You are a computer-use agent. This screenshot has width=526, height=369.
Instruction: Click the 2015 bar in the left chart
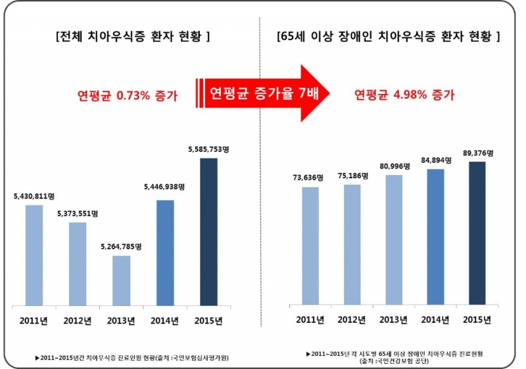(208, 232)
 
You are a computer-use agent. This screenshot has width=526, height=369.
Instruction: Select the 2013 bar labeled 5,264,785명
(121, 280)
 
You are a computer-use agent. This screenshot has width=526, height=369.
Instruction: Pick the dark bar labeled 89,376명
(477, 234)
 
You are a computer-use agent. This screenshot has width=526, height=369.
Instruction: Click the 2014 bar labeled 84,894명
(435, 237)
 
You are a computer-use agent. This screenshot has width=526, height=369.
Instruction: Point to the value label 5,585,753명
(208, 150)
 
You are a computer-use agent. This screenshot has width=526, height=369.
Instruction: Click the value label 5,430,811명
(34, 196)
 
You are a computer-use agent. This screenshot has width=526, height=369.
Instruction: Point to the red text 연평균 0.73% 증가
(128, 95)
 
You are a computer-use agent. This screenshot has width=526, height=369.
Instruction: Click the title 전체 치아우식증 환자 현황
(133, 36)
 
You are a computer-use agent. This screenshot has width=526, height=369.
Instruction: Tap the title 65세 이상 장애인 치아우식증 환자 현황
(389, 36)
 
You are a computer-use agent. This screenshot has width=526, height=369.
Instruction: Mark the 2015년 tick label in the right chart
(477, 320)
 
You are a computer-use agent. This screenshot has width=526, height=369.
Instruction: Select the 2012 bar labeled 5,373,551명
(78, 264)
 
